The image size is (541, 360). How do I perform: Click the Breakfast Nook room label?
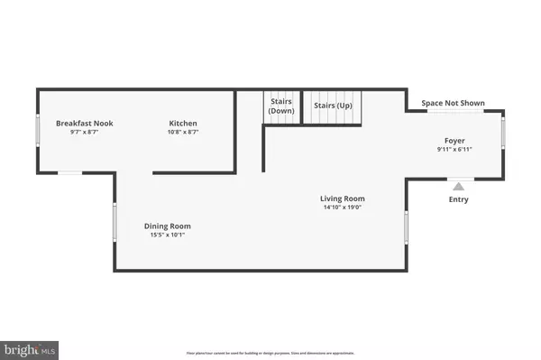[84, 123]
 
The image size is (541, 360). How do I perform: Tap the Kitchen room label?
[183, 123]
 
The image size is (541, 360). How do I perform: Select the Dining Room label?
[168, 226]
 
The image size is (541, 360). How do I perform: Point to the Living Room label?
[342, 198]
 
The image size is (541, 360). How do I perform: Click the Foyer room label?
[454, 140]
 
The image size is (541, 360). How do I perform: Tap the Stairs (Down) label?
[281, 106]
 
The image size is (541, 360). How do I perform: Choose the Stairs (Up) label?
[331, 106]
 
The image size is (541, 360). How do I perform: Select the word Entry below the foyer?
[458, 199]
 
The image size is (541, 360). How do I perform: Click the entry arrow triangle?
[458, 184]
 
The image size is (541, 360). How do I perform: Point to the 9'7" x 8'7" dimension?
[84, 133]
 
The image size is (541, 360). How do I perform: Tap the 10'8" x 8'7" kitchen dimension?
[183, 133]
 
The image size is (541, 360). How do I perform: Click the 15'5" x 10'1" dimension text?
[168, 235]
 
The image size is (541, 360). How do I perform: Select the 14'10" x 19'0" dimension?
[342, 208]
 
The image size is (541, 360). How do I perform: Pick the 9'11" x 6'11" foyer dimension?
[454, 150]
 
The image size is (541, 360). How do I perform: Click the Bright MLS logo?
[31, 347]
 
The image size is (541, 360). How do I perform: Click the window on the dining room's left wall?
[115, 223]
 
